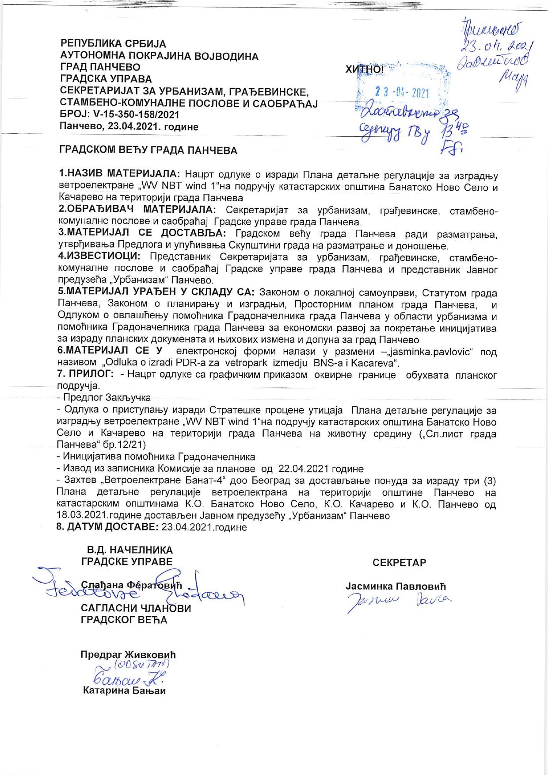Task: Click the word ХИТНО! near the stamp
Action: click(365, 69)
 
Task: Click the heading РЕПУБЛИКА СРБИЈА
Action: click(113, 44)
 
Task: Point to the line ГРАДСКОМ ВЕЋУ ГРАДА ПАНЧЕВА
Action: click(148, 150)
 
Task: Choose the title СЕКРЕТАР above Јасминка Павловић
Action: click(399, 563)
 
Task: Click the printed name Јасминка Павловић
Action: click(396, 586)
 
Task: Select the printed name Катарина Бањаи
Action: click(124, 691)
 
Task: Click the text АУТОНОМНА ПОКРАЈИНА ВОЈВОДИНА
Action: click(159, 56)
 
